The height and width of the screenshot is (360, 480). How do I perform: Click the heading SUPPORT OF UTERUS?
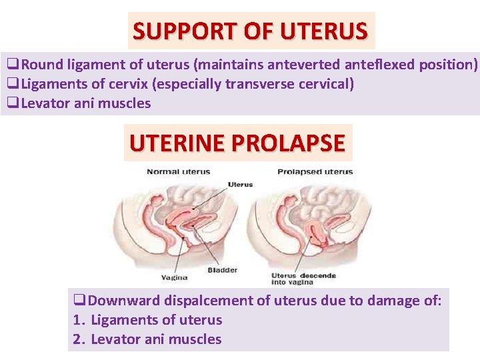pos(250,31)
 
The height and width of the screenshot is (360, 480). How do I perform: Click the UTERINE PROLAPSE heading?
pos(237,143)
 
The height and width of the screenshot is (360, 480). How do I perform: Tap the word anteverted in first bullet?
pos(305,65)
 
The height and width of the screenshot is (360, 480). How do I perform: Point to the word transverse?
pos(257,84)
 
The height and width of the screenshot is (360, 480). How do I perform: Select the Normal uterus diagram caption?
pos(178,172)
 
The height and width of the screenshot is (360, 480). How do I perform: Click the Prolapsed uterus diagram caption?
pos(315,172)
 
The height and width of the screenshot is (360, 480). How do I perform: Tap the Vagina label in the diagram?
pos(174,277)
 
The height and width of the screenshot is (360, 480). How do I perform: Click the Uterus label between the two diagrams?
pos(240,184)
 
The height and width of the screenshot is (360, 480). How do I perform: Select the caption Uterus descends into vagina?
pos(303,279)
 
